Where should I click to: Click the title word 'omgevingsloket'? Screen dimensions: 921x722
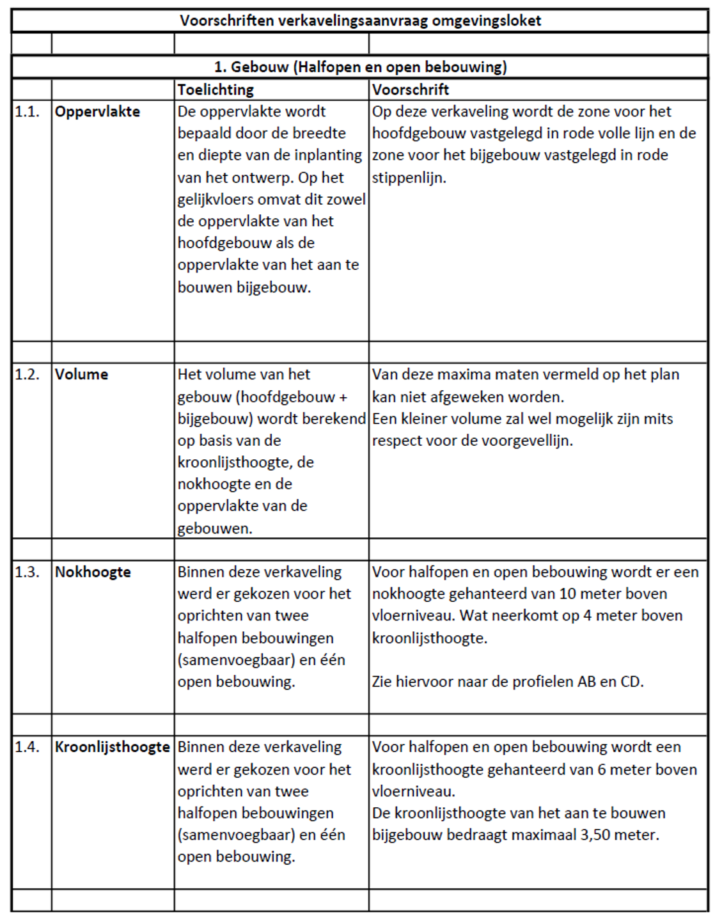point(487,20)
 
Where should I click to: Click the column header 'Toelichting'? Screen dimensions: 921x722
point(216,90)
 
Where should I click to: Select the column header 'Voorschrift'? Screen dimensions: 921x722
point(411,90)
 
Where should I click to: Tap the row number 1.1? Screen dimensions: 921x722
point(27,111)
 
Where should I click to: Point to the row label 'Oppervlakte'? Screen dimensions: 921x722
point(97,111)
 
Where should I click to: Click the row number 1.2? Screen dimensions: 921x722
point(27,374)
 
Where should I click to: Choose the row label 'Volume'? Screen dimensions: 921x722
point(81,374)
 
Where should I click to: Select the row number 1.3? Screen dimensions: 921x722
point(27,572)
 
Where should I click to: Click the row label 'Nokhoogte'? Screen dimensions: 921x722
point(93,572)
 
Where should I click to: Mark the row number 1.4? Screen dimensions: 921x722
point(27,747)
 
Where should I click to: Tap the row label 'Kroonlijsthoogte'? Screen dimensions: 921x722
point(113,747)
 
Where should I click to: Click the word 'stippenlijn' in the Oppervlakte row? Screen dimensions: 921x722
point(407,178)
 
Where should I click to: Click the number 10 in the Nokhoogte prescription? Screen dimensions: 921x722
point(568,594)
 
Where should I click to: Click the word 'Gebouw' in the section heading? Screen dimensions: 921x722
point(260,67)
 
